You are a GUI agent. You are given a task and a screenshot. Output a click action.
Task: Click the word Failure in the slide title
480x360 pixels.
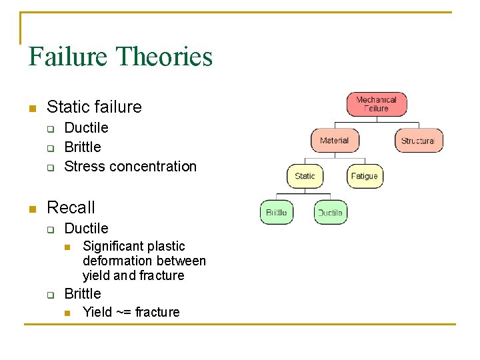pyautogui.click(x=69, y=57)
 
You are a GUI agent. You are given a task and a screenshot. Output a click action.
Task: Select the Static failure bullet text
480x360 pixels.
pyautogui.click(x=94, y=107)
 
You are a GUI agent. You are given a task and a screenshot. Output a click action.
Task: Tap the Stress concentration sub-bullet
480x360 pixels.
pyautogui.click(x=130, y=166)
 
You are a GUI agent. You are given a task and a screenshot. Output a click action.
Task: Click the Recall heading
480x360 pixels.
pyautogui.click(x=71, y=207)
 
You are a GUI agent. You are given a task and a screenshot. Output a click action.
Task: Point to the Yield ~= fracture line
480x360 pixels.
pyautogui.click(x=131, y=312)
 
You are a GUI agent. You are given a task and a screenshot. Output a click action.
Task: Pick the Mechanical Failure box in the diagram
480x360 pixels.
pyautogui.click(x=376, y=104)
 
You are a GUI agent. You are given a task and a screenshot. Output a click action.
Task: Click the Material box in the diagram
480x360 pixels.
pyautogui.click(x=334, y=140)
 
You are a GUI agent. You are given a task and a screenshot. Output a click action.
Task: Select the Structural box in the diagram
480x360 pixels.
pyautogui.click(x=418, y=141)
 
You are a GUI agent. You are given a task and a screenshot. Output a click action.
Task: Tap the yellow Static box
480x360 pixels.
pyautogui.click(x=305, y=176)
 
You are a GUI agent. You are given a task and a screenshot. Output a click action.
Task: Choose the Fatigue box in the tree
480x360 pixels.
pyautogui.click(x=364, y=176)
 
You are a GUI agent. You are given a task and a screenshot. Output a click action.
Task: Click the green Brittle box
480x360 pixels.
pyautogui.click(x=276, y=212)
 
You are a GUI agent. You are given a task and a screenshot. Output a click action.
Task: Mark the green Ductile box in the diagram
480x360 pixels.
pyautogui.click(x=331, y=212)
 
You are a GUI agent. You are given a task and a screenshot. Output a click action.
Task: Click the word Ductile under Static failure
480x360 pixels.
pyautogui.click(x=86, y=127)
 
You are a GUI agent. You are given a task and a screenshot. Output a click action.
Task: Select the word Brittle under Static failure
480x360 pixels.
pyautogui.click(x=83, y=147)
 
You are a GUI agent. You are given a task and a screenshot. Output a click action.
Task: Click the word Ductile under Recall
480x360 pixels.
pyautogui.click(x=86, y=228)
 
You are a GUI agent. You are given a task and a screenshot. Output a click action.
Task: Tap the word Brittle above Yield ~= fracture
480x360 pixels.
pyautogui.click(x=83, y=293)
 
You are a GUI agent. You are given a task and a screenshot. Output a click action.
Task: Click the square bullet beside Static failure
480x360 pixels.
pyautogui.click(x=31, y=108)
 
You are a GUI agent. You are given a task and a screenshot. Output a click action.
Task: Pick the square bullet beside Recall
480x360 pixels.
pyautogui.click(x=31, y=209)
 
